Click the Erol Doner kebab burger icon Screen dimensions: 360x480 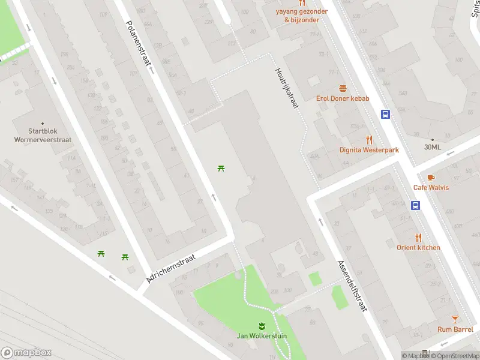coord(343,88)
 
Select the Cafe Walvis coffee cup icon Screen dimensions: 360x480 coord(431,178)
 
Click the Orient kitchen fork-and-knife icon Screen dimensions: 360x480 coord(418,238)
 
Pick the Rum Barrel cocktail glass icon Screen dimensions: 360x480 coord(455,319)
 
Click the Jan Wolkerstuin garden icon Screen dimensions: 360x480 coord(261,326)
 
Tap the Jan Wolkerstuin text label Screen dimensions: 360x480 coord(261,336)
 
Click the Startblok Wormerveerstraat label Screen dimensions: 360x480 coord(43,136)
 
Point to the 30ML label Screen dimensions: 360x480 coord(432,147)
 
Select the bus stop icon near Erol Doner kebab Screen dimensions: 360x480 coord(385,114)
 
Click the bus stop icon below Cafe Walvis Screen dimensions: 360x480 coord(415,206)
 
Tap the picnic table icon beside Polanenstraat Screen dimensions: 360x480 coord(221,168)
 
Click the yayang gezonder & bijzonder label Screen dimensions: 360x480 coord(302,16)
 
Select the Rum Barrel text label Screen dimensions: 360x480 coord(455,329)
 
